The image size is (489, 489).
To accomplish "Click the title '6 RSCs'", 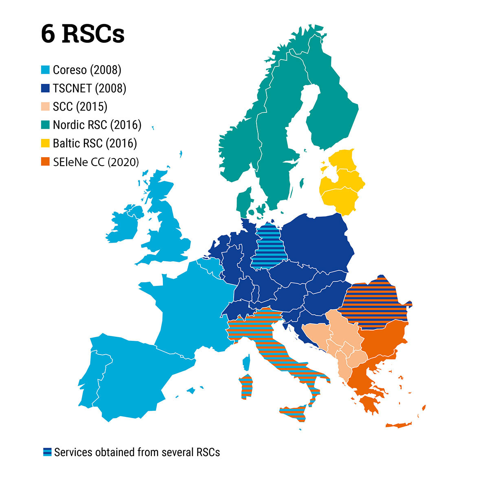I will point(83,34).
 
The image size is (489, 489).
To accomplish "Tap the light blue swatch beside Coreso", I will point(46,70).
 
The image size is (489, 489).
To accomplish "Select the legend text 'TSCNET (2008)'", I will point(89,88).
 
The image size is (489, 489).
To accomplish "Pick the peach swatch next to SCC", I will point(46,107).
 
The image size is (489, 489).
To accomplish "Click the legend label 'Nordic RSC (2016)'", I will point(97,125).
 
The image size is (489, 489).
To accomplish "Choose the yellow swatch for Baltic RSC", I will point(46,143).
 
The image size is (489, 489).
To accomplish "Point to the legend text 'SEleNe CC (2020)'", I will point(96,162).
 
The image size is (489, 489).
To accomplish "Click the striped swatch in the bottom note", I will point(47,452).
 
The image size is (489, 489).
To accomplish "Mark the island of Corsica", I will point(246,362).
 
